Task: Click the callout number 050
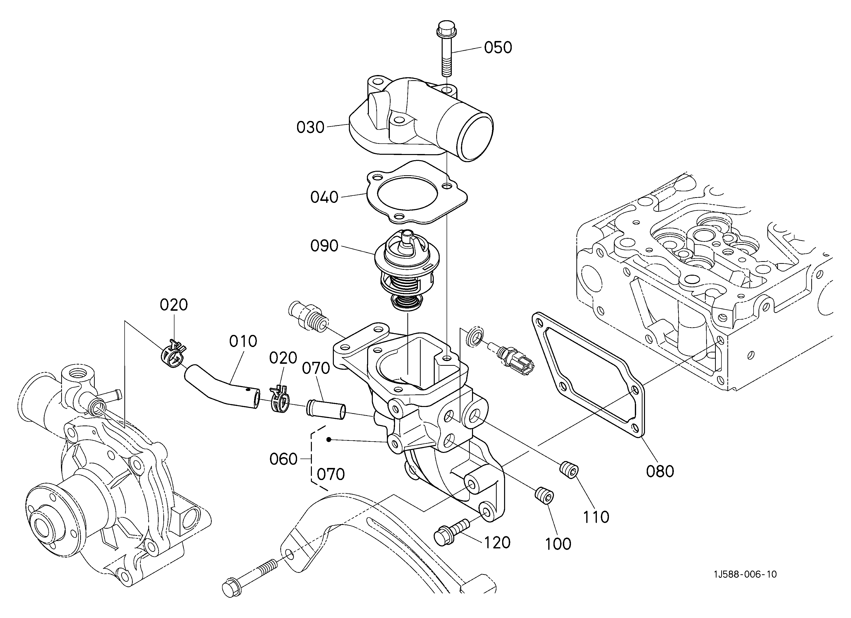498,48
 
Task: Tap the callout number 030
310,127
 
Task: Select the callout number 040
324,197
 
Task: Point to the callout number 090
324,246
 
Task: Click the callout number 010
243,341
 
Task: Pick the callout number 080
660,471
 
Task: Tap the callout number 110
596,517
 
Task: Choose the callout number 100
558,544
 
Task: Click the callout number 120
497,542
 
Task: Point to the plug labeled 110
569,471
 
